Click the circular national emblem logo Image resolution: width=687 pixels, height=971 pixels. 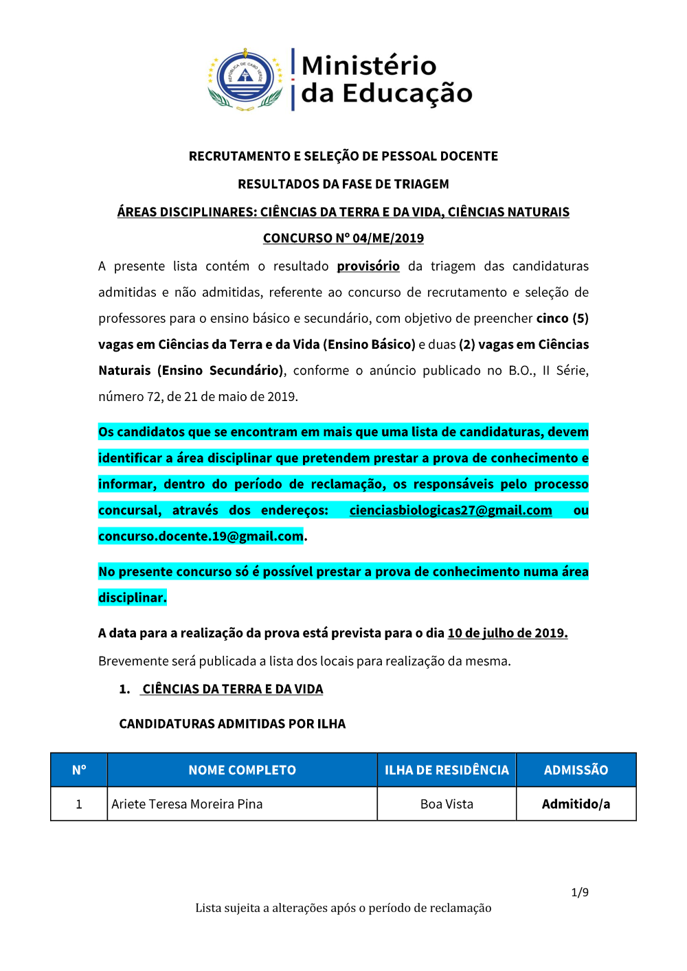pyautogui.click(x=245, y=79)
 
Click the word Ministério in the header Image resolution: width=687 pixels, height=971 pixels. pyautogui.click(x=369, y=66)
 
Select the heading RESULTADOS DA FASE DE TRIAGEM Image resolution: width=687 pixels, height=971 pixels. pyautogui.click(x=343, y=184)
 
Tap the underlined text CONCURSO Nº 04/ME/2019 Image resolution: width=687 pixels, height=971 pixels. pyautogui.click(x=343, y=238)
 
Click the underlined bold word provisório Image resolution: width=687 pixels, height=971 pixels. pyautogui.click(x=368, y=266)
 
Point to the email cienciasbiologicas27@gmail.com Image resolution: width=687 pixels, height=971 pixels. pyautogui.click(x=451, y=510)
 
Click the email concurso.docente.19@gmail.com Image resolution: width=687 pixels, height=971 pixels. pyautogui.click(x=201, y=536)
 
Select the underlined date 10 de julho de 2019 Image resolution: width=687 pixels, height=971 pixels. pyautogui.click(x=508, y=633)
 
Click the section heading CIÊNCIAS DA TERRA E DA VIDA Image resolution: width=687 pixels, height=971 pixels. pyautogui.click(x=232, y=689)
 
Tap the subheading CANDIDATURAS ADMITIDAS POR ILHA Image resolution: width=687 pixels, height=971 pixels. pyautogui.click(x=232, y=724)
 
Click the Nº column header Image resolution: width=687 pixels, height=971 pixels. pyautogui.click(x=79, y=770)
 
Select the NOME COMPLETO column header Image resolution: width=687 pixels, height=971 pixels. pyautogui.click(x=242, y=770)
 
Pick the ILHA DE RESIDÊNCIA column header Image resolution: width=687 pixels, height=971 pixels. pyautogui.click(x=447, y=770)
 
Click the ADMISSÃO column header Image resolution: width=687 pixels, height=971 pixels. pyautogui.click(x=576, y=770)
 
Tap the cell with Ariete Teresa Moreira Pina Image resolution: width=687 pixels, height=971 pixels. pyautogui.click(x=187, y=804)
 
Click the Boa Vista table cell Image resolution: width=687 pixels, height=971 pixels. pyautogui.click(x=447, y=804)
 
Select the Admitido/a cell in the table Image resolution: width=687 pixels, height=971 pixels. pyautogui.click(x=576, y=804)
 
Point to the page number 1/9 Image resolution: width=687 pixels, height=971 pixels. pyautogui.click(x=580, y=892)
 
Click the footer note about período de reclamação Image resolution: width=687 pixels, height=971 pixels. pyautogui.click(x=343, y=908)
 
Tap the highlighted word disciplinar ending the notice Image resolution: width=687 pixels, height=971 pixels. pyautogui.click(x=132, y=597)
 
